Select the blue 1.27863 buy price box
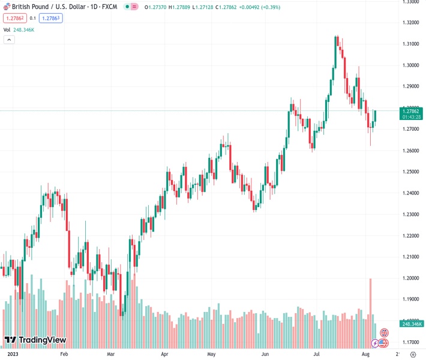point(51,18)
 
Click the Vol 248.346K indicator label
point(19,29)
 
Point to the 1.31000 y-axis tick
point(410,44)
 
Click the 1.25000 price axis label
point(410,172)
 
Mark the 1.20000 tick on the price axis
point(410,278)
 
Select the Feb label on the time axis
point(65,354)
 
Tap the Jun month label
point(265,354)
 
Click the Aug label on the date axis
point(365,354)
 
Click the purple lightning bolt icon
point(376,343)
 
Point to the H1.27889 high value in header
point(182,6)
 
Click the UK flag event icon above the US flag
point(384,332)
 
